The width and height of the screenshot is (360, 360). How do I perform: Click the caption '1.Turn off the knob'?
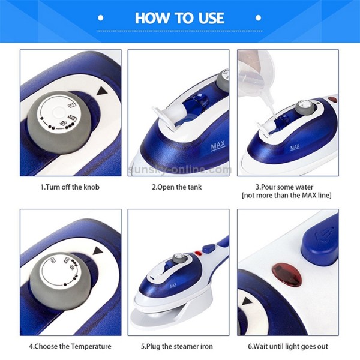[x=70, y=187]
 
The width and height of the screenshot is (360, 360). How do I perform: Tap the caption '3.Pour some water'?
[x=286, y=187]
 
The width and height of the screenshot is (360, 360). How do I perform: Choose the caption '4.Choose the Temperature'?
[x=70, y=346]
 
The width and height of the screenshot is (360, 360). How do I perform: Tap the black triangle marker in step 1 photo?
[x=100, y=91]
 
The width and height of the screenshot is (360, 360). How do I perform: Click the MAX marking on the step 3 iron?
[x=295, y=146]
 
